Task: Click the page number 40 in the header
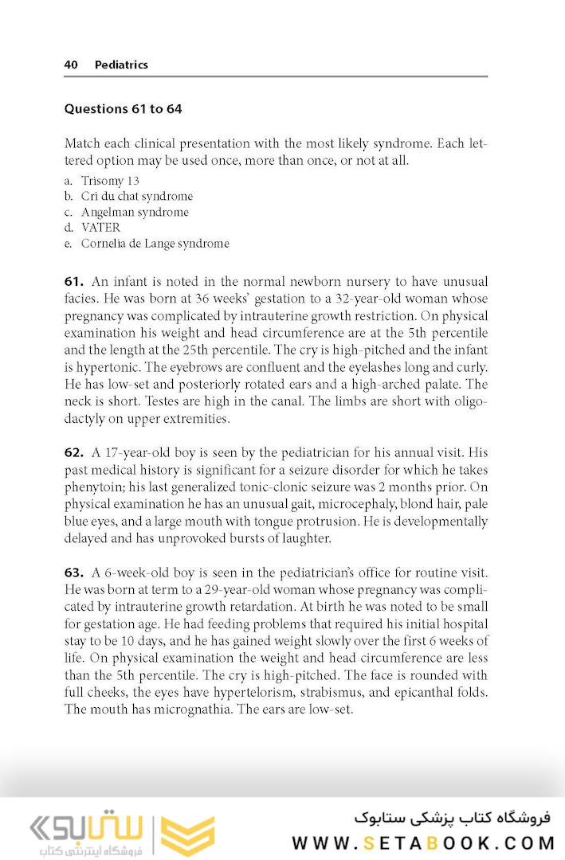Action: coord(71,64)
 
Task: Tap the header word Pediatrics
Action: coord(121,64)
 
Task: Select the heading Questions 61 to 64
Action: coord(123,108)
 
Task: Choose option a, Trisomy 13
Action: coord(110,181)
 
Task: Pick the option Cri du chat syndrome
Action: coord(136,196)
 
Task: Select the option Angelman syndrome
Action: coord(135,212)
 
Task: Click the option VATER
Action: coord(100,228)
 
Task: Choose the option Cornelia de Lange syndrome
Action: coord(155,244)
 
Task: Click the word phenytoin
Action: coord(94,487)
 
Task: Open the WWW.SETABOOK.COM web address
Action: coord(422,842)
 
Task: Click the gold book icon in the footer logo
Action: coord(188,834)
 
